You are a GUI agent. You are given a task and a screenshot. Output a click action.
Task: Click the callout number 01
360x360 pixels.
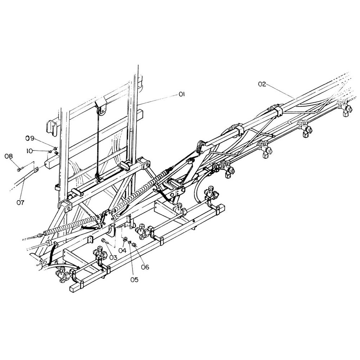[x=181, y=94]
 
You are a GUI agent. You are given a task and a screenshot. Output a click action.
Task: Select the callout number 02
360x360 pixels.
[x=262, y=84]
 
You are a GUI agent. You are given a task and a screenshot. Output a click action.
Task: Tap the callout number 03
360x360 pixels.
[x=113, y=257]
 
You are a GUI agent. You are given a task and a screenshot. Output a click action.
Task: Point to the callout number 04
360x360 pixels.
[x=122, y=251]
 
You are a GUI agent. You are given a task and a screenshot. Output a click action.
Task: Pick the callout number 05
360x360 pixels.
[x=134, y=280]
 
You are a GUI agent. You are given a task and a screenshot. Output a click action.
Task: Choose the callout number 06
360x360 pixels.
[x=145, y=267]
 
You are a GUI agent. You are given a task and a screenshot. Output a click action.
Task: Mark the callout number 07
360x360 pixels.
[x=20, y=202]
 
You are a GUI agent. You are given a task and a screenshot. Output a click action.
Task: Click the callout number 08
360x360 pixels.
[x=8, y=156]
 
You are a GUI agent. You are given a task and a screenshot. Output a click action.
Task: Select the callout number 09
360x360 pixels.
[x=30, y=138]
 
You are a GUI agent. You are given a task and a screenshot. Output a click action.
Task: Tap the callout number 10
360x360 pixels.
[x=30, y=151]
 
